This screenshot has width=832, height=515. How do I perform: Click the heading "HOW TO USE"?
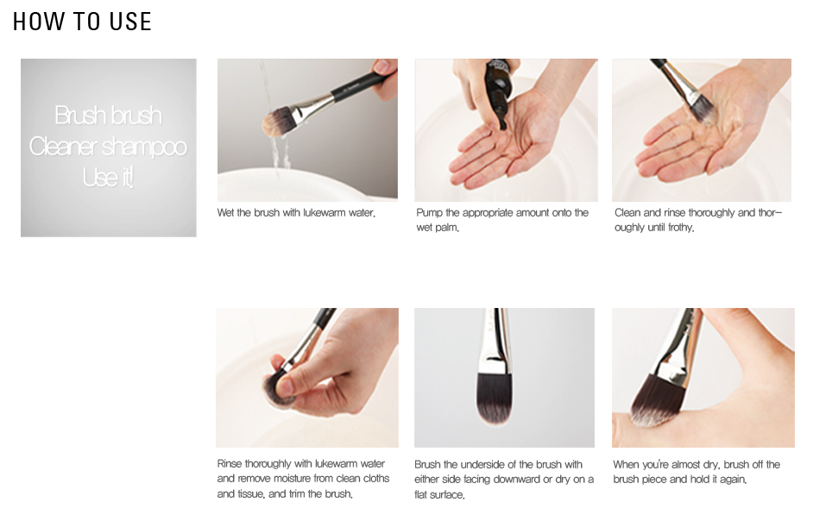click(x=82, y=22)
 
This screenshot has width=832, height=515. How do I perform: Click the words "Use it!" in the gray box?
click(x=108, y=177)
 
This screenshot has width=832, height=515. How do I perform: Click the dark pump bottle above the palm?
click(x=496, y=93)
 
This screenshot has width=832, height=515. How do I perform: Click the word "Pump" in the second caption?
click(x=429, y=213)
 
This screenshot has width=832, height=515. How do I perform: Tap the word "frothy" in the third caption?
click(x=680, y=228)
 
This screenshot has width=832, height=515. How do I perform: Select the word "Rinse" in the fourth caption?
click(x=230, y=463)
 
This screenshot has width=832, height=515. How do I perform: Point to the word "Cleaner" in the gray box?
click(x=63, y=147)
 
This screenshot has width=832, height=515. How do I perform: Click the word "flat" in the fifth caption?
click(x=423, y=495)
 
